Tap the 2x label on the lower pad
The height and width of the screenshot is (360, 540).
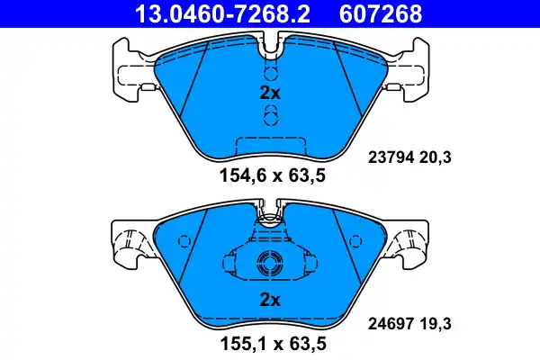pos(270,299)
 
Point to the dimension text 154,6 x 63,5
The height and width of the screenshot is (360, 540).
pos(270,175)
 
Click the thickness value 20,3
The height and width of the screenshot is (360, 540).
pos(434,157)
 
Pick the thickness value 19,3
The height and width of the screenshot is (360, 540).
pos(434,319)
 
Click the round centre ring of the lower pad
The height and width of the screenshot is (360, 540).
pos(270,264)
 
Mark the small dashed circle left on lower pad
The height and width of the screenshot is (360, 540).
pos(185,241)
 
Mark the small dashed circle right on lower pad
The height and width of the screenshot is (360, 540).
pos(354,241)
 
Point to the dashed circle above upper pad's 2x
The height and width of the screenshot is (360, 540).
pos(270,73)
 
